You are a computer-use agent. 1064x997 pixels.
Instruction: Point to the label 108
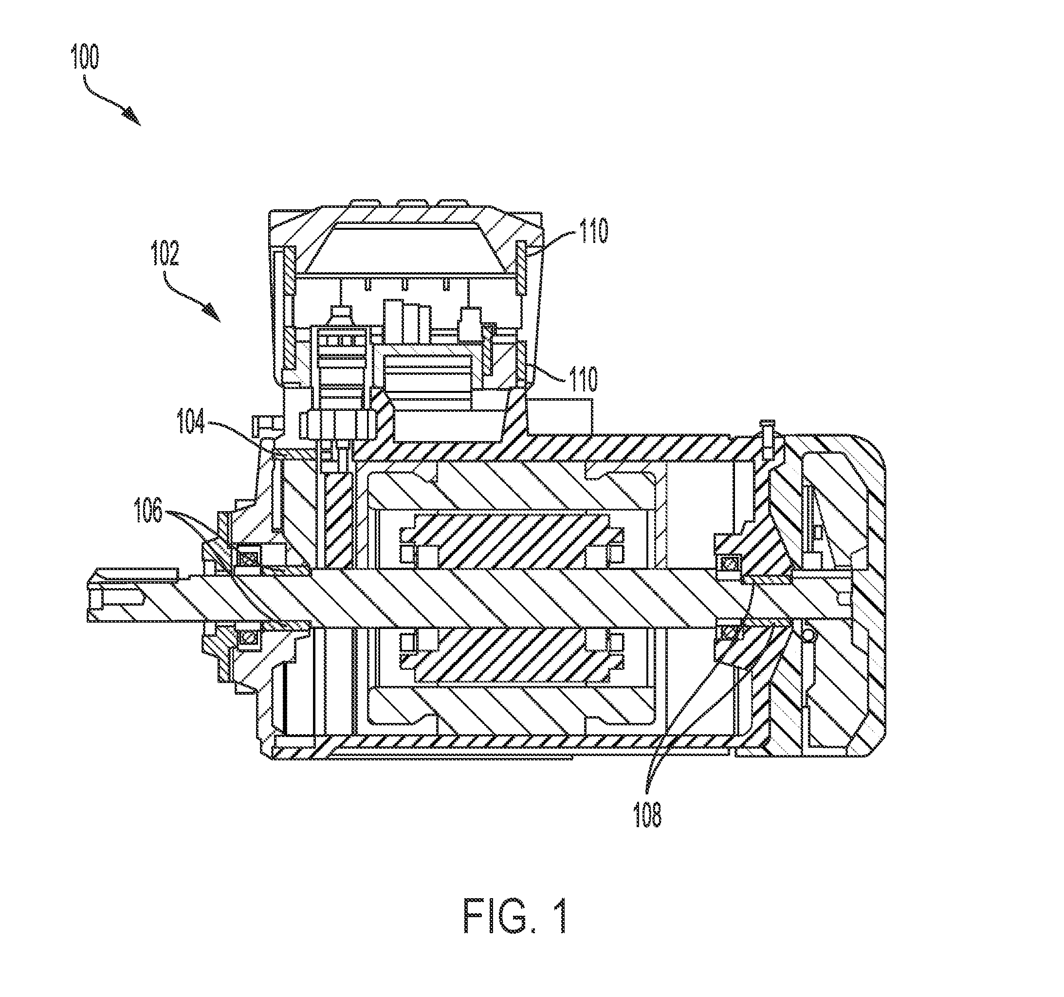click(648, 815)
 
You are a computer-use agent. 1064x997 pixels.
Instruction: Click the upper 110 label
click(592, 231)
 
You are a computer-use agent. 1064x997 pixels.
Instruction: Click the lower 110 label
click(582, 379)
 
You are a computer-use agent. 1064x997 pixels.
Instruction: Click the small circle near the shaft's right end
click(807, 634)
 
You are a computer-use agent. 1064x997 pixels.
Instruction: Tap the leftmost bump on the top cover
click(364, 203)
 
